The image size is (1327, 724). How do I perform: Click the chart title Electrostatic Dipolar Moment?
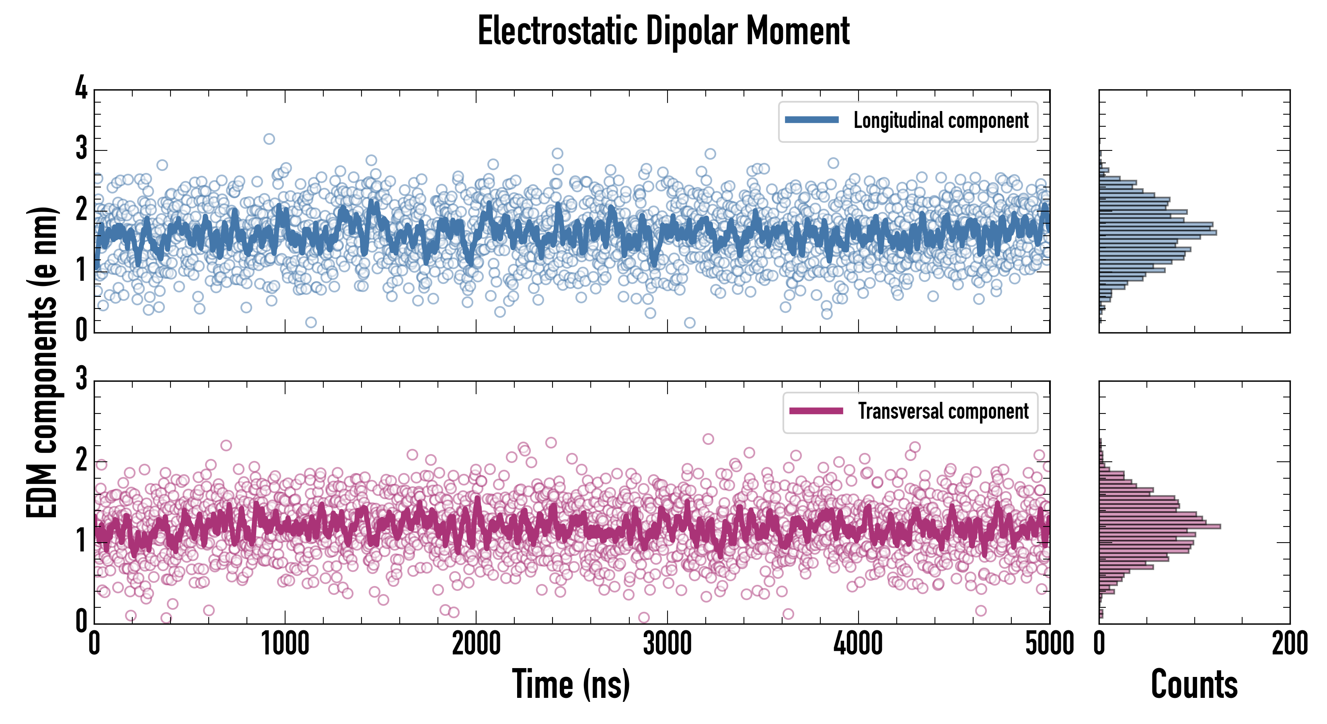click(x=663, y=31)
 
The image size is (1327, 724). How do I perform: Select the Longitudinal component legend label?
click(x=941, y=121)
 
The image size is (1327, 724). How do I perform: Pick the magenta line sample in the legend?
click(x=816, y=411)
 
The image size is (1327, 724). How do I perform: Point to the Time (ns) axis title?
click(x=571, y=684)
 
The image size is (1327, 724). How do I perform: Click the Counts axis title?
click(x=1194, y=684)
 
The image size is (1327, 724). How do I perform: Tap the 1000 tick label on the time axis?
click(x=285, y=644)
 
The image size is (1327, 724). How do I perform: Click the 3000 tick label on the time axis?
click(x=667, y=644)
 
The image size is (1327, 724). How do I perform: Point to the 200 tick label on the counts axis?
click(x=1289, y=644)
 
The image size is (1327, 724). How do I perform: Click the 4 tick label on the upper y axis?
click(x=81, y=88)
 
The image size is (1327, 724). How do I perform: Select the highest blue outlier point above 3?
click(x=269, y=139)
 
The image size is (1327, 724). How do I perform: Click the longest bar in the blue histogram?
click(x=1158, y=233)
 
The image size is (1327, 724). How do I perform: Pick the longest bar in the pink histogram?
click(x=1160, y=526)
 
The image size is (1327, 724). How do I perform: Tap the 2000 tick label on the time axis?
click(x=476, y=644)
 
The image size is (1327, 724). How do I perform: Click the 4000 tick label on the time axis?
click(x=858, y=644)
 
